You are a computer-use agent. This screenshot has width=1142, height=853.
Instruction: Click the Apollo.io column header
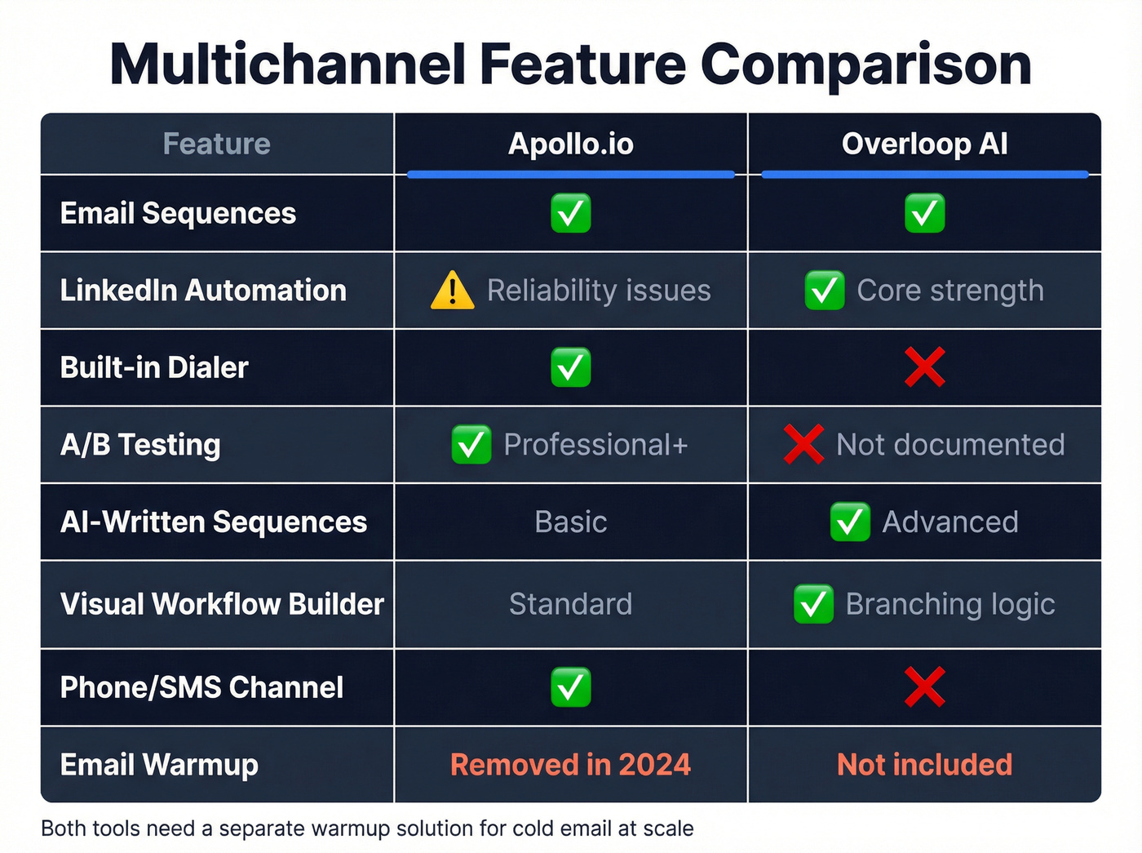pyautogui.click(x=570, y=144)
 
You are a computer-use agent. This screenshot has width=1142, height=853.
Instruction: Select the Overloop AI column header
pyautogui.click(x=924, y=144)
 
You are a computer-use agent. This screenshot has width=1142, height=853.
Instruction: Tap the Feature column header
pyautogui.click(x=216, y=144)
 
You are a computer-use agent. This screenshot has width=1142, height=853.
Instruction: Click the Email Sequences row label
pyautogui.click(x=178, y=214)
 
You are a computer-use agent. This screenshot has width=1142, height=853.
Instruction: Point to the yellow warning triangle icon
pyautogui.click(x=452, y=291)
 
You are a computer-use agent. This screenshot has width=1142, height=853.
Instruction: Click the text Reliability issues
pyautogui.click(x=599, y=291)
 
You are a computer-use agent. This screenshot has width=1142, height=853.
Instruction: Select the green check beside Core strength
pyautogui.click(x=824, y=291)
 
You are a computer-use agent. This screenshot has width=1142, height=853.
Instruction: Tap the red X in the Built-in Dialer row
pyautogui.click(x=924, y=367)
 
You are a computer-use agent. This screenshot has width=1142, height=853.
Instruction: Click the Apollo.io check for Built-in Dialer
pyautogui.click(x=570, y=367)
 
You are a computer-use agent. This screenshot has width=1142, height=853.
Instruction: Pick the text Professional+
pyautogui.click(x=595, y=445)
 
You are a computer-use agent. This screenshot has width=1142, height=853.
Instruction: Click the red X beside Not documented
pyautogui.click(x=803, y=445)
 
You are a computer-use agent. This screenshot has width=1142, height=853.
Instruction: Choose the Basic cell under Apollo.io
pyautogui.click(x=570, y=522)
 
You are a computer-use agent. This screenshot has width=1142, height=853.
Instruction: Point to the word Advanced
pyautogui.click(x=950, y=522)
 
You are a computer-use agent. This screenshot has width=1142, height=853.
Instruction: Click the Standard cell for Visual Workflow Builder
pyautogui.click(x=570, y=604)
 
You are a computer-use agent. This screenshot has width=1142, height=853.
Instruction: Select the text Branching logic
pyautogui.click(x=950, y=604)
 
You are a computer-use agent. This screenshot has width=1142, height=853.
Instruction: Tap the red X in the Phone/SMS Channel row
pyautogui.click(x=924, y=687)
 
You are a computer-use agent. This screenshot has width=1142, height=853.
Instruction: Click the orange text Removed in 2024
pyautogui.click(x=570, y=765)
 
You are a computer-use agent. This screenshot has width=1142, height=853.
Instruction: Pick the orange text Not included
pyautogui.click(x=924, y=765)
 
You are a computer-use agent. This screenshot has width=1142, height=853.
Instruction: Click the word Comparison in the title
pyautogui.click(x=865, y=64)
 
